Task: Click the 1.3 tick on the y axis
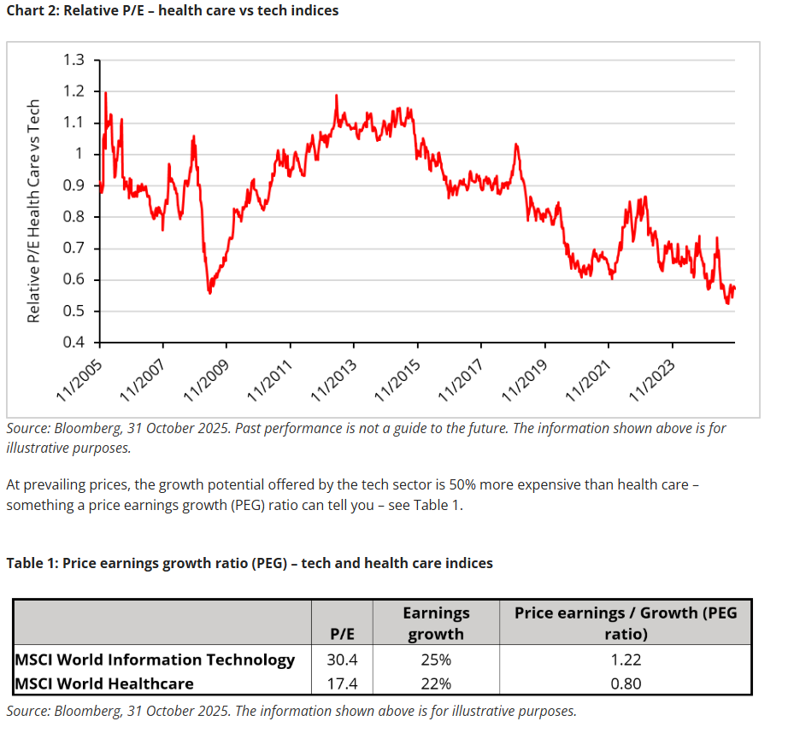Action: point(74,60)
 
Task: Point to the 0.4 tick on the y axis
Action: point(74,343)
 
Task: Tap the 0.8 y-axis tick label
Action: point(74,217)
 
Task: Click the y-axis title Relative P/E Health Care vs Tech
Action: point(33,211)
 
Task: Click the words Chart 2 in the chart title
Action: point(33,10)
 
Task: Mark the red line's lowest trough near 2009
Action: point(210,292)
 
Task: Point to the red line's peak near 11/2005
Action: point(105,92)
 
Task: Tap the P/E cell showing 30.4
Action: point(342,660)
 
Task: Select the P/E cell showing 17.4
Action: point(342,683)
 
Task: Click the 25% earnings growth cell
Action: point(436,660)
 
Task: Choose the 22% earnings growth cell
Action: point(436,683)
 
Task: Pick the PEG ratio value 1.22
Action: point(625,660)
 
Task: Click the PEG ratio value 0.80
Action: point(625,683)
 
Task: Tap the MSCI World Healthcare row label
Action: point(104,683)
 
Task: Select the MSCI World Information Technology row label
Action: point(155,660)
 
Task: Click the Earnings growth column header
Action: point(436,624)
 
